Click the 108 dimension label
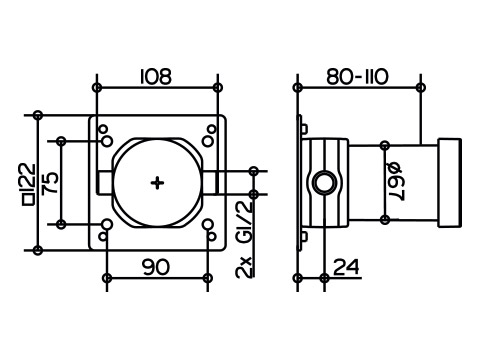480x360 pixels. point(156,76)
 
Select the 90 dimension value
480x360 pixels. point(156,267)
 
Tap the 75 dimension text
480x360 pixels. point(51,183)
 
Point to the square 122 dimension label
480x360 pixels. point(28,184)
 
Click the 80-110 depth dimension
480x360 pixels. point(357,77)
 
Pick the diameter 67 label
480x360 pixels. point(397,181)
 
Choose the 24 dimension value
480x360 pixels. point(347,267)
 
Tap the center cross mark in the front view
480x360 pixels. point(157,183)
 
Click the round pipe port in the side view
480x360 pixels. point(323,183)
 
